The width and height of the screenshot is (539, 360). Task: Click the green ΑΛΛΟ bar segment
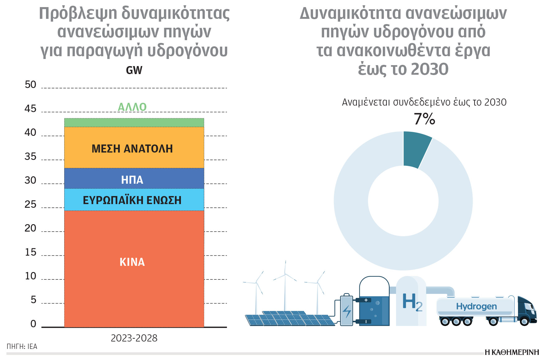(134, 123)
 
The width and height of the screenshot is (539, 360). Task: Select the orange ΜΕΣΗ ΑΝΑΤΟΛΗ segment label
(132, 149)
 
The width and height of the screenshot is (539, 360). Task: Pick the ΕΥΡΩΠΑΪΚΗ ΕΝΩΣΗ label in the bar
(132, 200)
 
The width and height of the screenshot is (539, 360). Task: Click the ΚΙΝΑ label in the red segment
(132, 262)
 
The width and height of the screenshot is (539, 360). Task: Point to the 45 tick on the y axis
(30, 109)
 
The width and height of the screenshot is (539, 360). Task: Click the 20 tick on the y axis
(30, 228)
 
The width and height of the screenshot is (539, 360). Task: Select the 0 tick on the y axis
(33, 324)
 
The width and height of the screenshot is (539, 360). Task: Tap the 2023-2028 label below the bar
(134, 338)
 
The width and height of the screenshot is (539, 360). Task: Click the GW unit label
(134, 70)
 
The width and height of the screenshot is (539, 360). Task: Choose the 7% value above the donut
(424, 119)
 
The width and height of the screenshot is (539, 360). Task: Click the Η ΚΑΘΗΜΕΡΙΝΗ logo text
(512, 352)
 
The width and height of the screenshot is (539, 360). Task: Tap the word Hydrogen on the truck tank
(476, 306)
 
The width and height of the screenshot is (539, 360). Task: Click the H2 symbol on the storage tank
(412, 302)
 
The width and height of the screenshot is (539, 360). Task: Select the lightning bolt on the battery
(347, 311)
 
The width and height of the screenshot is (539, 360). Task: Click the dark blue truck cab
(527, 309)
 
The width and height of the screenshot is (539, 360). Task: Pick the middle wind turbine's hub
(285, 274)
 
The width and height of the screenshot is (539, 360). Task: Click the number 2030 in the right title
(430, 69)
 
